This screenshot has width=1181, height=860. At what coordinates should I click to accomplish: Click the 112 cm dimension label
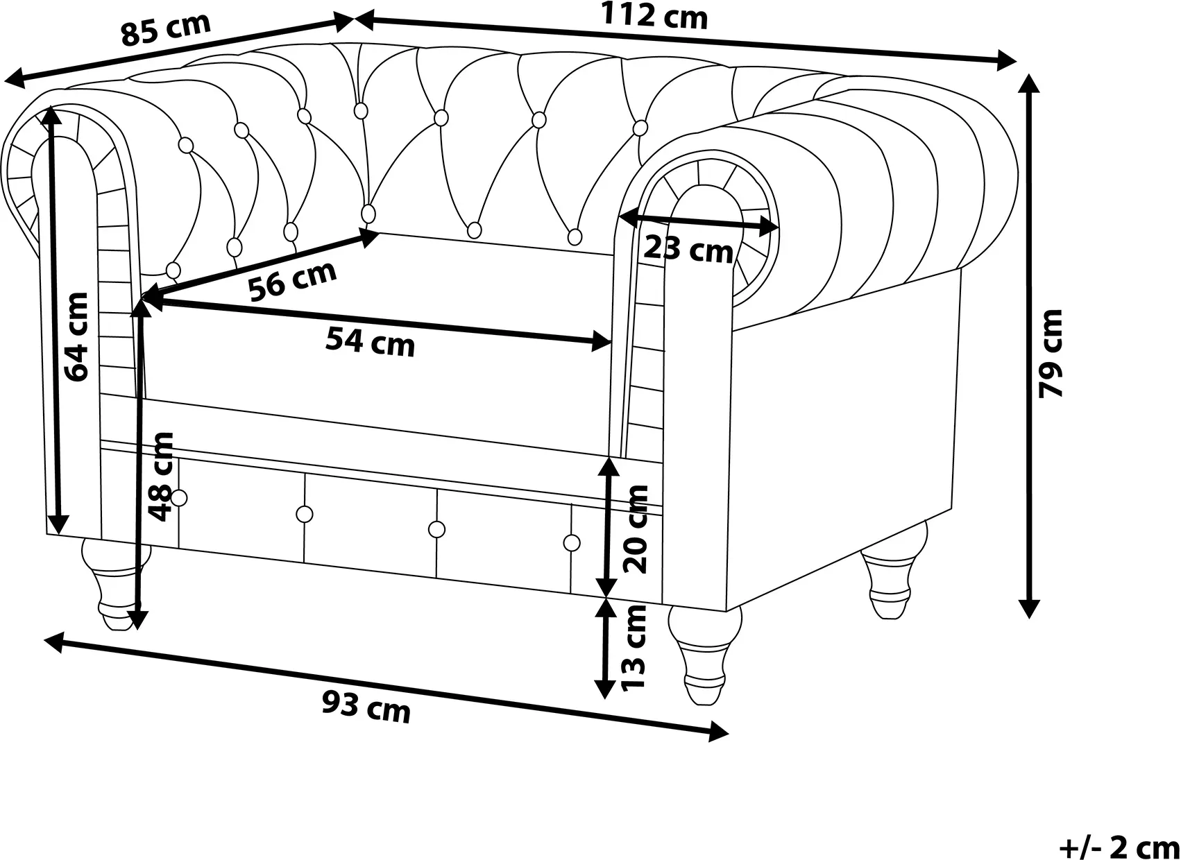654,16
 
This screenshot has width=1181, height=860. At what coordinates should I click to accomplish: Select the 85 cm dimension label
166,30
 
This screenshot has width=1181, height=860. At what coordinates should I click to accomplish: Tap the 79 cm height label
1051,354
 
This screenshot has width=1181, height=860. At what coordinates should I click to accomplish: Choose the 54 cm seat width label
370,341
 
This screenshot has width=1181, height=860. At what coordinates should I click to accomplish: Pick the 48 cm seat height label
160,476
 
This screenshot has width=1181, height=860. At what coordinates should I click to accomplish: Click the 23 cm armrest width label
688,249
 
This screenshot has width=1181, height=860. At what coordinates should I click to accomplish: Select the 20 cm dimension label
636,529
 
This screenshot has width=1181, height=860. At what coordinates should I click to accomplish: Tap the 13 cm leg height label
634,647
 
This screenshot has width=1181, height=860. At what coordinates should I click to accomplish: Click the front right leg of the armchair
704,655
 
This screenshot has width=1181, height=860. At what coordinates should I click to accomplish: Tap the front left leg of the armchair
116,585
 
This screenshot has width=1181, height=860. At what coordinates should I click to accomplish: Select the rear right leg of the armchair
893,570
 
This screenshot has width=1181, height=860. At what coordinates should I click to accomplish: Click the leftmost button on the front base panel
179,498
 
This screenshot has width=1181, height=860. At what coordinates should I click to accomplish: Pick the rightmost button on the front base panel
572,543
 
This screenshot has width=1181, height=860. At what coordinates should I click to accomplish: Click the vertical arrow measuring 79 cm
1029,346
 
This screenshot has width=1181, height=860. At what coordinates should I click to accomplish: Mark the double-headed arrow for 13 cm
606,649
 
